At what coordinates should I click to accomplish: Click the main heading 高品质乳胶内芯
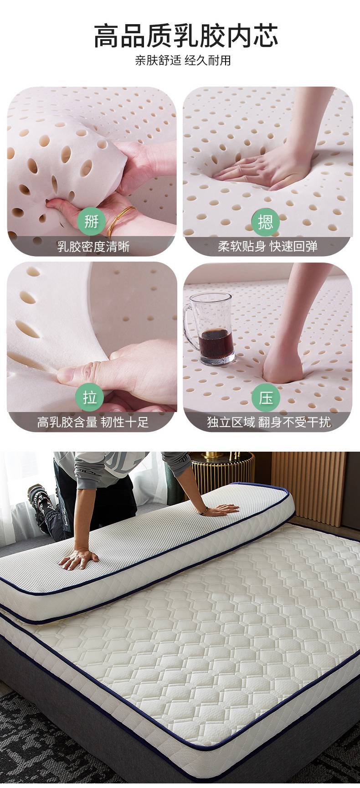pyautogui.click(x=186, y=36)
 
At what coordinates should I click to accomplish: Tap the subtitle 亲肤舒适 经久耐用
pyautogui.click(x=183, y=60)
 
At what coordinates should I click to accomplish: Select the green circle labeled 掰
pyautogui.click(x=91, y=222)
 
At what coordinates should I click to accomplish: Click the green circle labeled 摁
pyautogui.click(x=266, y=222)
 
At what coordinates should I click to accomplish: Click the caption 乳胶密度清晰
pyautogui.click(x=93, y=247)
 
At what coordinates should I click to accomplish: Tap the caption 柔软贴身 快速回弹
pyautogui.click(x=267, y=247)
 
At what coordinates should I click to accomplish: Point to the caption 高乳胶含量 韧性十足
pyautogui.click(x=93, y=422)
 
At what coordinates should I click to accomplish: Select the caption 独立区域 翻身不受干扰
pyautogui.click(x=269, y=422)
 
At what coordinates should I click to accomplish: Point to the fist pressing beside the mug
pyautogui.click(x=283, y=365)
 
